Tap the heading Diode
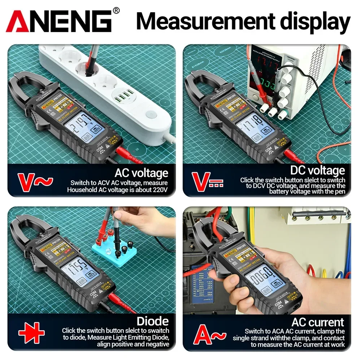[153, 321]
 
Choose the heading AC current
[318, 322]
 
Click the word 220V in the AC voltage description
[159, 190]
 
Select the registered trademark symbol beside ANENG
[116, 10]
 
